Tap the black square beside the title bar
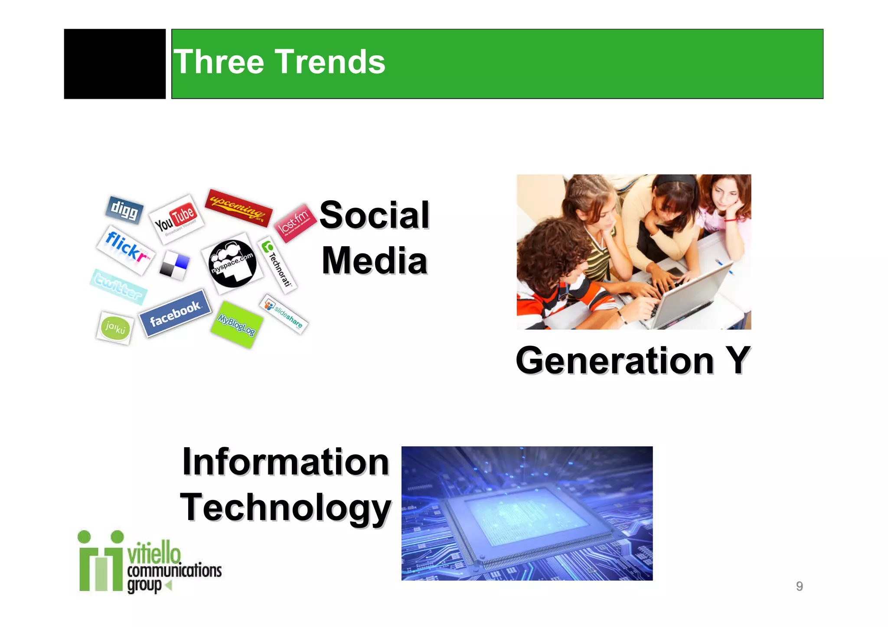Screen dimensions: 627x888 pos(114,64)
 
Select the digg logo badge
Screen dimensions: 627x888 pos(124,210)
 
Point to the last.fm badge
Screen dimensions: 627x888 pos(295,223)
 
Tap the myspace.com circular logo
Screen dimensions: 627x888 pos(232,263)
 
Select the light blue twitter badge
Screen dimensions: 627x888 pos(118,286)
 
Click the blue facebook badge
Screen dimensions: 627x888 pos(175,313)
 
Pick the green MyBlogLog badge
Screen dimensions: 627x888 pos(236,324)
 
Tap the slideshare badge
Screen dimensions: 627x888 pos(284,314)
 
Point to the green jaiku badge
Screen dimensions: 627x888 pos(115,328)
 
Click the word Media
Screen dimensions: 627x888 pos(375,261)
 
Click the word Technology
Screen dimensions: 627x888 pos(285,508)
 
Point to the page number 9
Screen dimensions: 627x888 pos(799,586)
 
